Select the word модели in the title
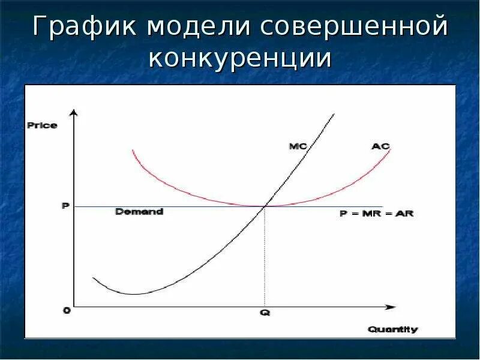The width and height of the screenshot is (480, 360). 197,29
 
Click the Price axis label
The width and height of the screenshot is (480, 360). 42,125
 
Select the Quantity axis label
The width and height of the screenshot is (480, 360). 393,329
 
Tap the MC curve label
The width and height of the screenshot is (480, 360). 298,146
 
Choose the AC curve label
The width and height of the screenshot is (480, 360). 380,146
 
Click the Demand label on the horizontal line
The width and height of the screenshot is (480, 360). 139,212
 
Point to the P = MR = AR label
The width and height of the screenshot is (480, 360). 377,214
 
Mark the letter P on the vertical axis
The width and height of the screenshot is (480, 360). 65,206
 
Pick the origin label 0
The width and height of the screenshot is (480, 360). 66,310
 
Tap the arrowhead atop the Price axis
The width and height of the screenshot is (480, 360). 74,113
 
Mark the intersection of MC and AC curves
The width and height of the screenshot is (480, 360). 264,206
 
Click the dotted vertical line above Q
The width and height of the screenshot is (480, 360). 264,258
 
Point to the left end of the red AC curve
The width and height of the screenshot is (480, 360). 132,150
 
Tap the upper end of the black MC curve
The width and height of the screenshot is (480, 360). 333,113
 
